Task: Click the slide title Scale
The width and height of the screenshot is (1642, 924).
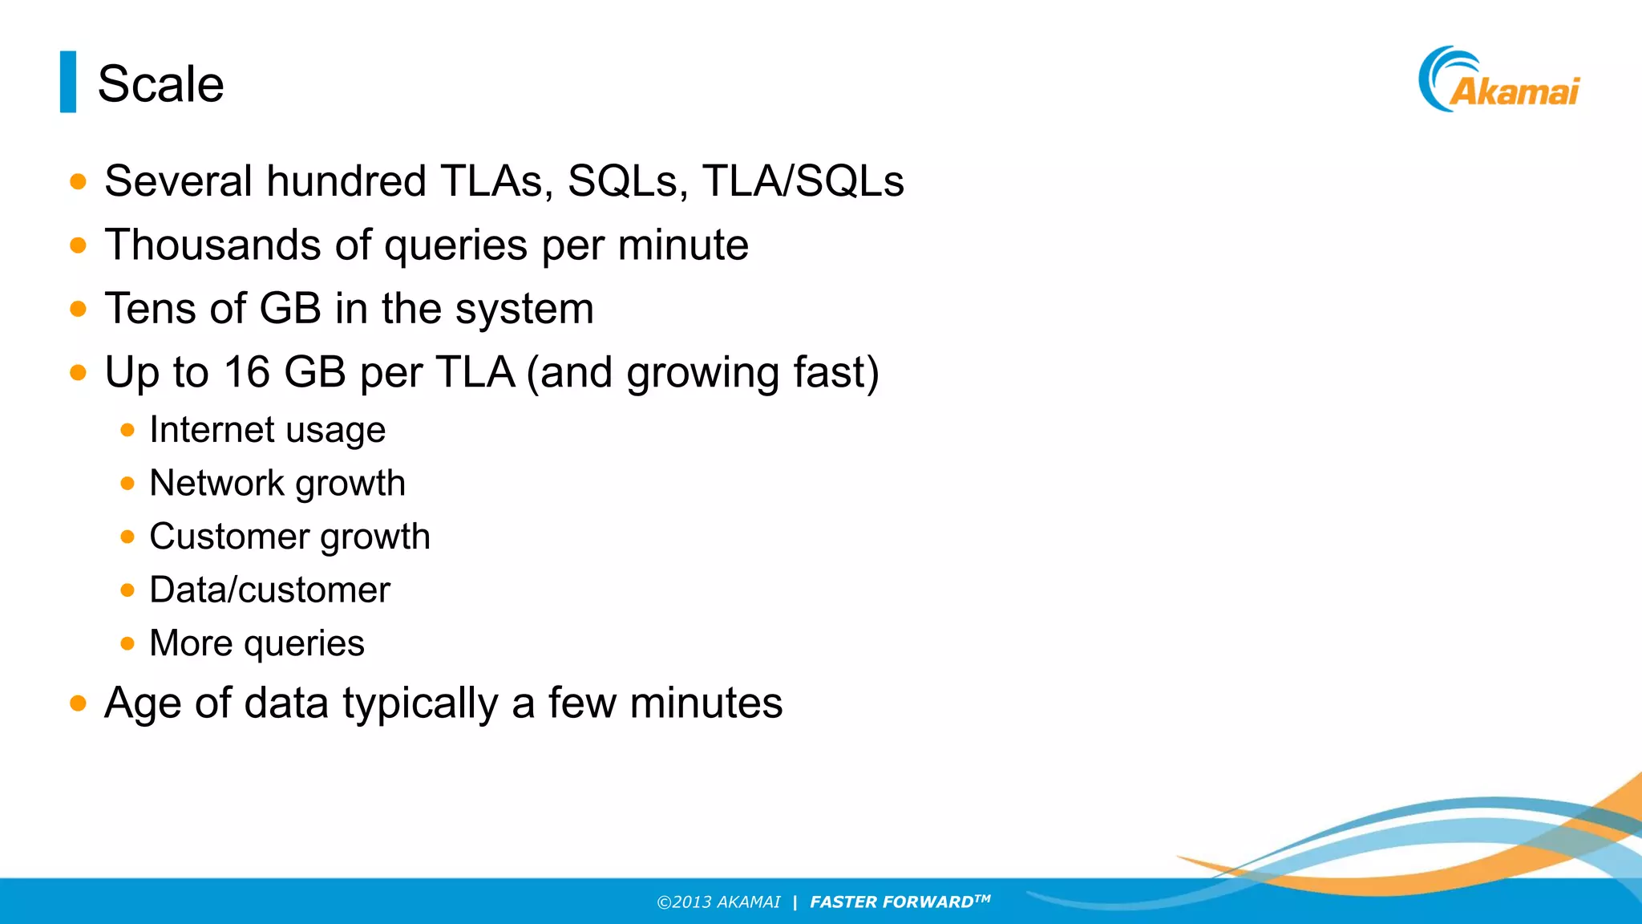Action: pyautogui.click(x=160, y=84)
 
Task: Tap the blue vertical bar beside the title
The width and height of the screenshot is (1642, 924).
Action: pyautogui.click(x=68, y=82)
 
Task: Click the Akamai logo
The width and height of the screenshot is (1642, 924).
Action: pyautogui.click(x=1499, y=80)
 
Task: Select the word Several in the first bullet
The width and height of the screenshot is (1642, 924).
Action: pyautogui.click(x=179, y=181)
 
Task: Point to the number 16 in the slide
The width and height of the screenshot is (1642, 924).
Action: pyautogui.click(x=247, y=373)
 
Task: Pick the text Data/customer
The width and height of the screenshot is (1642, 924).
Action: pyautogui.click(x=269, y=590)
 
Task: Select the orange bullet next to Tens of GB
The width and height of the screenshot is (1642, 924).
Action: pyautogui.click(x=78, y=309)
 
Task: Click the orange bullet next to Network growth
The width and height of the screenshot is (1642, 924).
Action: pyautogui.click(x=127, y=484)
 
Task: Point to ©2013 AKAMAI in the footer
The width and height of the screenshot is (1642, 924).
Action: pyautogui.click(x=718, y=902)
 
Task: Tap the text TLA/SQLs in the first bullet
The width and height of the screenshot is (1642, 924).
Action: pyautogui.click(x=803, y=181)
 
